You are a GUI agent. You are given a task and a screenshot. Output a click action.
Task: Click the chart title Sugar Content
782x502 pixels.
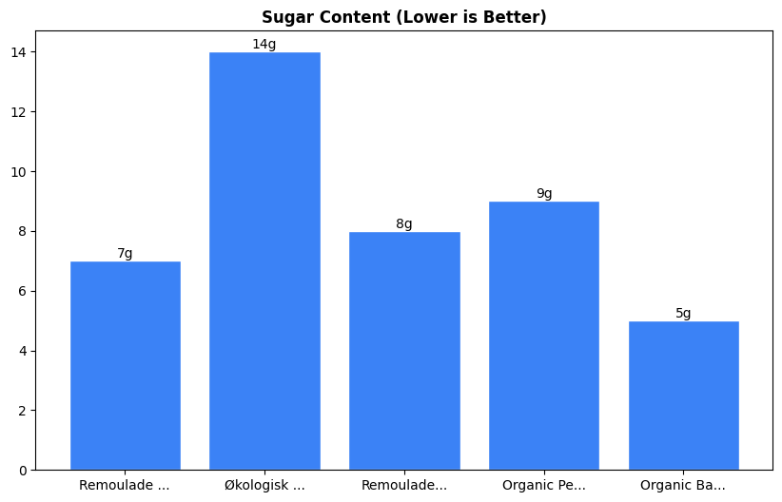pos(403,17)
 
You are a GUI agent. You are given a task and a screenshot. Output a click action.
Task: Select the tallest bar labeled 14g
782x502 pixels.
pos(264,261)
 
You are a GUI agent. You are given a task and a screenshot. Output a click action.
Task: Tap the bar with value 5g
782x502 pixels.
pos(683,396)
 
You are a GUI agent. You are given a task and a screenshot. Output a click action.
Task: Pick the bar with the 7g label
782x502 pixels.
pos(125,366)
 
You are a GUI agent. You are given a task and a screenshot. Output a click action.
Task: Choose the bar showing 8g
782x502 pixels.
pos(404,351)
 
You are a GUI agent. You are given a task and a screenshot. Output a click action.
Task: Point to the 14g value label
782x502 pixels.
pos(264,45)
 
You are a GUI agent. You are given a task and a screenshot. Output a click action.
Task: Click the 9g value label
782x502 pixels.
pos(544,194)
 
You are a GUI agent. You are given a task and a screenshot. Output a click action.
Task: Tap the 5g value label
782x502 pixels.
pos(683,314)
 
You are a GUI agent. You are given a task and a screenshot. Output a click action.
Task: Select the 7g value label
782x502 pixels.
pos(125,254)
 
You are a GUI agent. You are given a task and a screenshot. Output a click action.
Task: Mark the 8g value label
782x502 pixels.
pos(404,224)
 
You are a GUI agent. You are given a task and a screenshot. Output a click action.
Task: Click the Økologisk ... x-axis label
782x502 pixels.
pos(264,485)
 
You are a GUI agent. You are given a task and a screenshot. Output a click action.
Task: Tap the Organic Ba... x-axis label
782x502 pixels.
pos(683,485)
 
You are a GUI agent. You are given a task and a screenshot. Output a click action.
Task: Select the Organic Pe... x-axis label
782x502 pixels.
pos(544,485)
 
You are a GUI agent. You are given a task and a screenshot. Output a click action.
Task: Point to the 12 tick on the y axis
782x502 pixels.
pos(19,112)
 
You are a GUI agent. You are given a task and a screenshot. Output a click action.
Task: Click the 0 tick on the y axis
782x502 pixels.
pos(23,471)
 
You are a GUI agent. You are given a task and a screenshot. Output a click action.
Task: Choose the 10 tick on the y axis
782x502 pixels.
pos(19,172)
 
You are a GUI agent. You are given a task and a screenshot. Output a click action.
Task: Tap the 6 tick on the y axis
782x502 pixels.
pos(23,291)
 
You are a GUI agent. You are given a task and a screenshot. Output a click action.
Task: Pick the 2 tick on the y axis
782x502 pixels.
pos(23,411)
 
